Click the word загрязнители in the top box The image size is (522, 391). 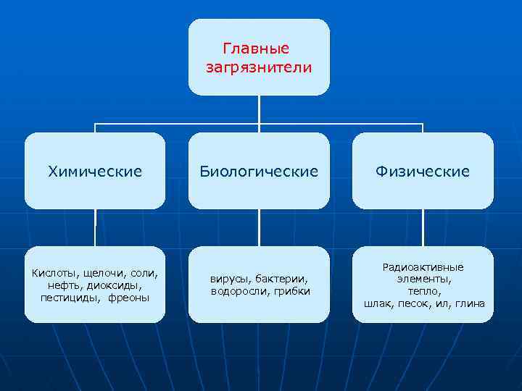tap(259, 67)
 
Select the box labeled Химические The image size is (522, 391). tap(95, 172)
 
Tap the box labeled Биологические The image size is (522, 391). tap(259, 172)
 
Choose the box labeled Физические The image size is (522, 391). tap(423, 172)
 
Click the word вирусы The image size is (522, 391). tap(228, 279)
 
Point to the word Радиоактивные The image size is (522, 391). tap(423, 267)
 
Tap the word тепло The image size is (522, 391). tap(423, 291)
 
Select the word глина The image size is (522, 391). tap(471, 303)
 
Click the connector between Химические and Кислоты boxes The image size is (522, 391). tap(95, 227)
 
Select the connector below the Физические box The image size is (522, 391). tap(423, 227)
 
